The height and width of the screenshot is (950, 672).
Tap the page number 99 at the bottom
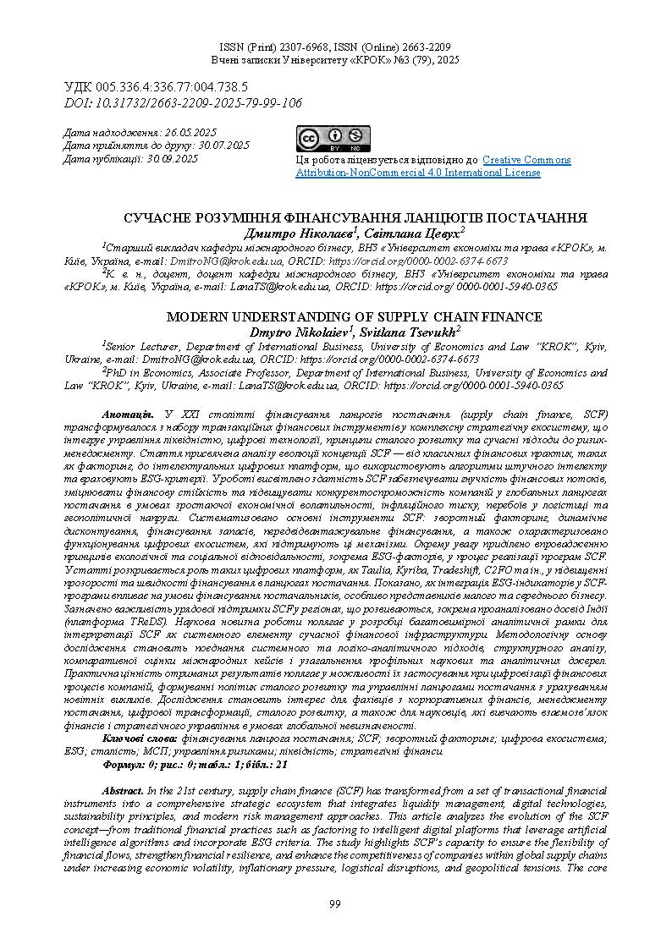[x=335, y=904]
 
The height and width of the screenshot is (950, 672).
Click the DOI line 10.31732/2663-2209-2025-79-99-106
[x=183, y=102]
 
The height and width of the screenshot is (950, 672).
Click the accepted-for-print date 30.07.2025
[x=217, y=146]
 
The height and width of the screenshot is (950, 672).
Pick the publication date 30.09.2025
[x=173, y=158]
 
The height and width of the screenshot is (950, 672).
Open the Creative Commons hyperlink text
[x=526, y=160]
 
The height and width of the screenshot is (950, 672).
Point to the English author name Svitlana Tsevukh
[x=408, y=331]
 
